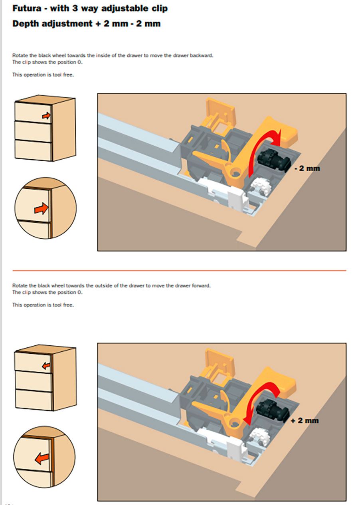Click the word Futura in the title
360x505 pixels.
[27, 8]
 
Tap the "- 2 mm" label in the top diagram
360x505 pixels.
[307, 168]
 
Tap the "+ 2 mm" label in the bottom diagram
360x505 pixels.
[305, 420]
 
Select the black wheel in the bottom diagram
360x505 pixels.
[272, 410]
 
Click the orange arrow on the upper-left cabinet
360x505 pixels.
[46, 116]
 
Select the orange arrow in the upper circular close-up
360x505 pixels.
[41, 208]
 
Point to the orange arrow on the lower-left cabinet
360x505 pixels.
[46, 366]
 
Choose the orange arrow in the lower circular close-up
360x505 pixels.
[42, 458]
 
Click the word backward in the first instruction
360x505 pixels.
[201, 55]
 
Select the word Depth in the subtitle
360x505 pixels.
[26, 24]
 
